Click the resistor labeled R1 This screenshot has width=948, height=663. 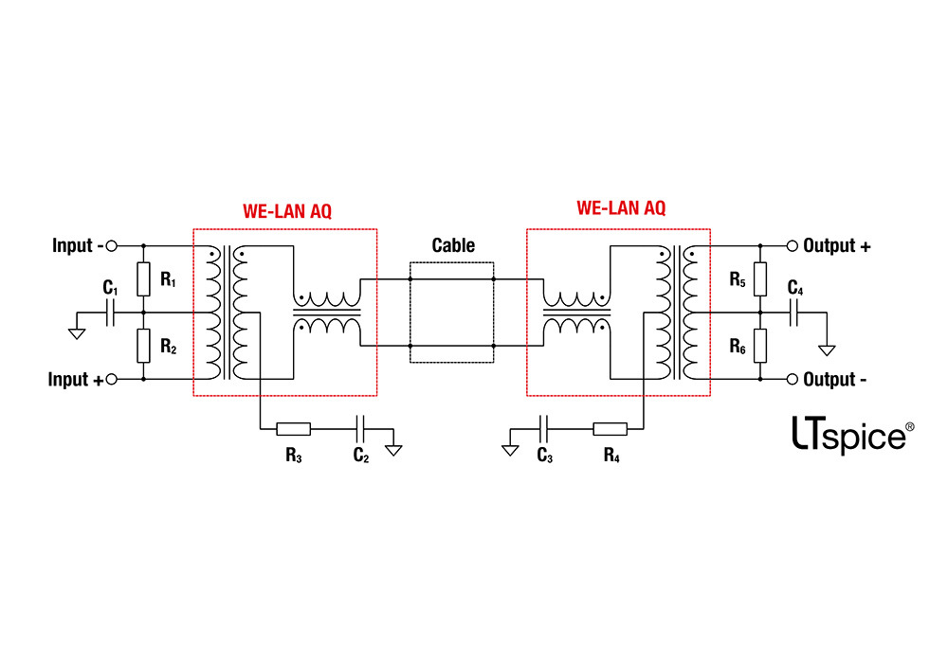tap(143, 278)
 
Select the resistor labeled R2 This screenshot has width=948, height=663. tap(143, 345)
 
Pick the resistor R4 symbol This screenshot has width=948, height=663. tap(611, 429)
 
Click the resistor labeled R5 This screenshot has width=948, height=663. tap(759, 278)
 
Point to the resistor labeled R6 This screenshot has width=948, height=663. tap(759, 346)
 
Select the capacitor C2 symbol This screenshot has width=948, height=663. tap(360, 429)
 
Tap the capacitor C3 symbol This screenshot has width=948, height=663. tap(544, 429)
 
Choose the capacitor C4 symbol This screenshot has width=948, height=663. tap(793, 312)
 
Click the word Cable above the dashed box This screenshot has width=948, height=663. tap(452, 245)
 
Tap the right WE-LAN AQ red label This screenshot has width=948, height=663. tap(620, 207)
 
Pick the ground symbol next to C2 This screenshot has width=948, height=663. tap(392, 448)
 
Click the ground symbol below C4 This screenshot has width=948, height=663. tap(827, 349)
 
